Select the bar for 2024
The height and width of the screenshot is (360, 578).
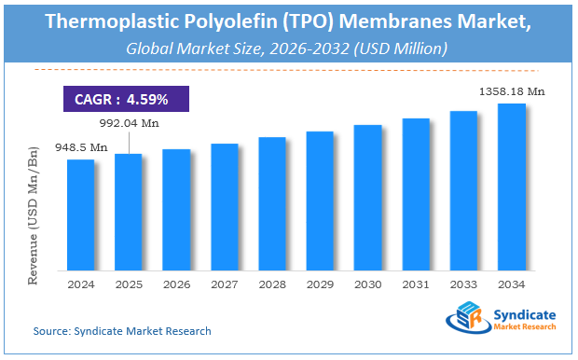[80, 215]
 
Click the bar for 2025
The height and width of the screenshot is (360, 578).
[128, 212]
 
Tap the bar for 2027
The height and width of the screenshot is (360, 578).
[224, 207]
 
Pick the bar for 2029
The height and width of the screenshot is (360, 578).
[320, 201]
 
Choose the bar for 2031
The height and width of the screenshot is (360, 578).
[416, 194]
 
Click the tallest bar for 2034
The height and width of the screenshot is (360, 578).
[512, 187]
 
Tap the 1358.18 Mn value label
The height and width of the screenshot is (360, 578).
[512, 90]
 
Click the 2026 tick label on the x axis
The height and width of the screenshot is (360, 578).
[176, 284]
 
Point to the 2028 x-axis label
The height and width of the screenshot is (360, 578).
[272, 284]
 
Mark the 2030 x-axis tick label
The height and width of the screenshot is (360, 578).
[368, 284]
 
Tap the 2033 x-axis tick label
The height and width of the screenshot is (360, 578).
[463, 284]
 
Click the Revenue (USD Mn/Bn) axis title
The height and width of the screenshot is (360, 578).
[34, 215]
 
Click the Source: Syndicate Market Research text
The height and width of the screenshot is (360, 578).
[122, 331]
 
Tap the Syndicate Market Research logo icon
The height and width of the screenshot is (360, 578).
[466, 322]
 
